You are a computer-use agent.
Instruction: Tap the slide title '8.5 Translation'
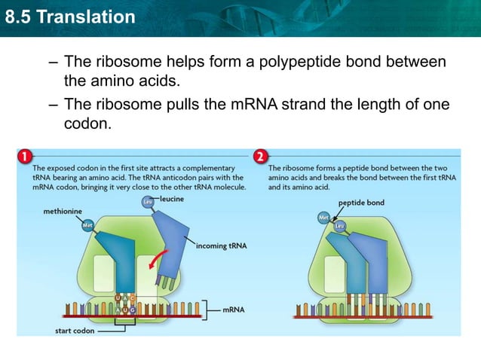(69, 16)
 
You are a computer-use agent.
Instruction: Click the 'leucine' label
(171, 198)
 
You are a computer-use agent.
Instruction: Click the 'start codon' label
(74, 330)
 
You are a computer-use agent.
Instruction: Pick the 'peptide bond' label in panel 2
(361, 203)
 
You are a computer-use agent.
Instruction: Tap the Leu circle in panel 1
(147, 202)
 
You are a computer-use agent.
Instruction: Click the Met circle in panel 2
(324, 218)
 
